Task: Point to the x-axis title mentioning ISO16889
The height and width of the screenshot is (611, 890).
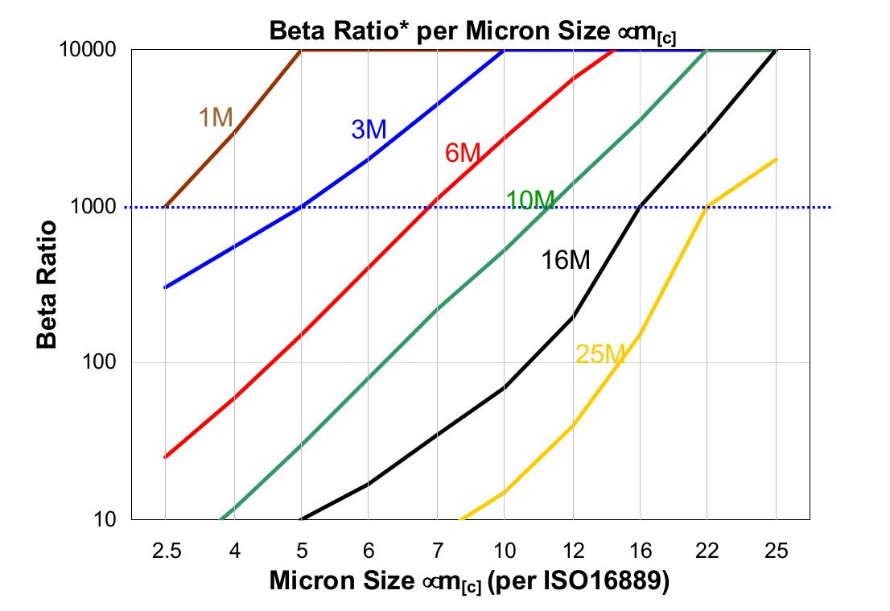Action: pos(469,580)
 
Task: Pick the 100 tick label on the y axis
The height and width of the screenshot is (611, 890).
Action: pos(103,363)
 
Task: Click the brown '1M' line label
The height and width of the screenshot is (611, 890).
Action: pos(216,118)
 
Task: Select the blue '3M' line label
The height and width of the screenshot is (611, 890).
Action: pos(369,130)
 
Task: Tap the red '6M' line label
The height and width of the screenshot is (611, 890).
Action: pos(463,152)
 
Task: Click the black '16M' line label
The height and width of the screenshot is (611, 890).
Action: pos(565,260)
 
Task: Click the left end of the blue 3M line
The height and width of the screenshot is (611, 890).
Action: pos(166,287)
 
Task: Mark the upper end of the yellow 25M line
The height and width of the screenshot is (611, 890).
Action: pos(776,159)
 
